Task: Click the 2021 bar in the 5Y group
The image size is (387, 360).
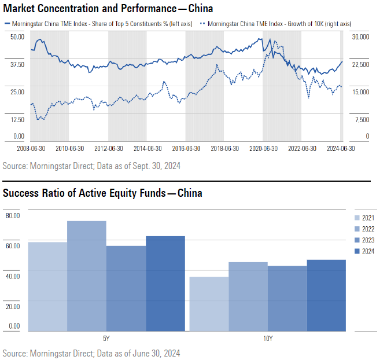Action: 47,286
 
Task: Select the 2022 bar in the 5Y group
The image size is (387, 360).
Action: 87,276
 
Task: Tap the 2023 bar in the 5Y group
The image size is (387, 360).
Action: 126,288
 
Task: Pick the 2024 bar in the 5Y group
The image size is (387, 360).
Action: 165,284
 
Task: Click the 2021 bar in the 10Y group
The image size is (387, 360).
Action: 209,304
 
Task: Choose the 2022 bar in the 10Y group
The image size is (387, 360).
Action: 249,296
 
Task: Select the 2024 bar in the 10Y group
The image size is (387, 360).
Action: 326,295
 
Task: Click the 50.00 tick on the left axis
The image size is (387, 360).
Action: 17,36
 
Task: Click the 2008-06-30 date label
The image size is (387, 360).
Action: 31,148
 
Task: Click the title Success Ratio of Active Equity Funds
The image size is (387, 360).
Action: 102,193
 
